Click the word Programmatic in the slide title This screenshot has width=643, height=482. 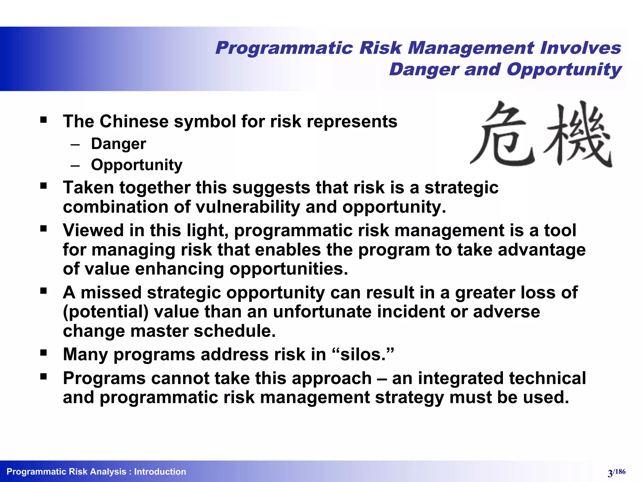coord(284,48)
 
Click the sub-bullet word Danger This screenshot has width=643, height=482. coord(118,144)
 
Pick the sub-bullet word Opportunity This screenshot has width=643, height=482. coord(137,165)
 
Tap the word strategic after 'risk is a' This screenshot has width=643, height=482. coord(461,188)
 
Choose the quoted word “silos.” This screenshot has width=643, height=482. coord(363,355)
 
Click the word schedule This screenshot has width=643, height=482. coord(235,331)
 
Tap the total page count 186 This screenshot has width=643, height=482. coord(620,472)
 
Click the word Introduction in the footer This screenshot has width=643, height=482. coord(160,472)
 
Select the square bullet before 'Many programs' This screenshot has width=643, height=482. coord(43,353)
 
